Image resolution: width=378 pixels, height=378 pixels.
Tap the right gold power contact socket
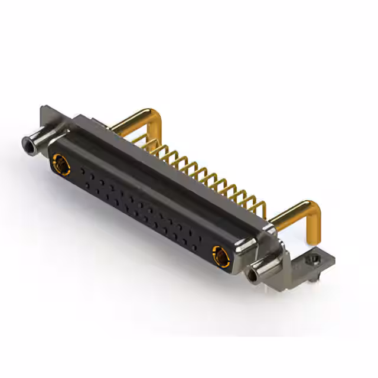click(220, 256)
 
